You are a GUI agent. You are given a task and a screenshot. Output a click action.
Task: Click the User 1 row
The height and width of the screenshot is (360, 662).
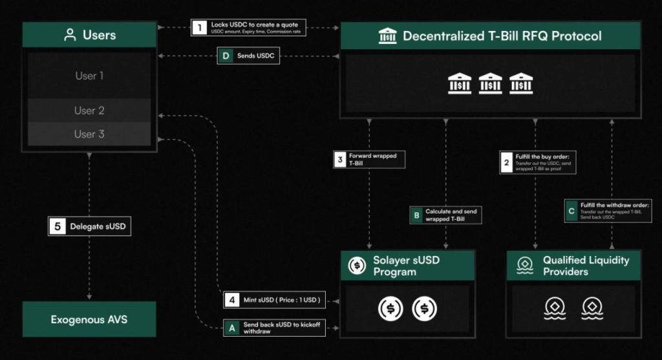[x=89, y=76]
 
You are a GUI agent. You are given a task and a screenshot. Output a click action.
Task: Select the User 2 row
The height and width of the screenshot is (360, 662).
[x=89, y=111]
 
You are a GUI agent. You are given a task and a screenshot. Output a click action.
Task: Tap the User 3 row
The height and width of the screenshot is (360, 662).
[x=89, y=134]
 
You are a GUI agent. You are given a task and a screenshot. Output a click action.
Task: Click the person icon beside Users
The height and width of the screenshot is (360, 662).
[x=70, y=35]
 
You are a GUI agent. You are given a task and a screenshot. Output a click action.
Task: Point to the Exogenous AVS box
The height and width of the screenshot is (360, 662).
[x=89, y=319]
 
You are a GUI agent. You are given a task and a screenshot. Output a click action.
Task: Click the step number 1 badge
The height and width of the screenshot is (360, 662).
[x=198, y=28]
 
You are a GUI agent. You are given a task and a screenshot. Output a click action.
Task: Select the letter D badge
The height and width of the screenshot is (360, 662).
[x=226, y=57]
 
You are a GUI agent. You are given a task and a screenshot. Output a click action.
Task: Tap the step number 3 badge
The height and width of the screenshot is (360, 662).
[x=339, y=160]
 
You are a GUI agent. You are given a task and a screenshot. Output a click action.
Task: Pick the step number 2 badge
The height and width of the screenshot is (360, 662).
[x=506, y=164]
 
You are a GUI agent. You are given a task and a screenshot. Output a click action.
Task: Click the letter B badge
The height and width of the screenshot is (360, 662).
[x=418, y=215]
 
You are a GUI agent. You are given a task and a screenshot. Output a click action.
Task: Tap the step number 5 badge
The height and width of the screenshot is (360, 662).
[x=57, y=227]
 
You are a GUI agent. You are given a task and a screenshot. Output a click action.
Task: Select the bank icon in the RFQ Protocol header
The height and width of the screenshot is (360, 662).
[x=387, y=36]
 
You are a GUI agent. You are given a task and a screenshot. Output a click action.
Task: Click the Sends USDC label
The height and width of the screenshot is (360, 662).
[x=257, y=57]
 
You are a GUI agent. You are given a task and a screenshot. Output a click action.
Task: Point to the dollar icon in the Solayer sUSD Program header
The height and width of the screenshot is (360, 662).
[x=357, y=265]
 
